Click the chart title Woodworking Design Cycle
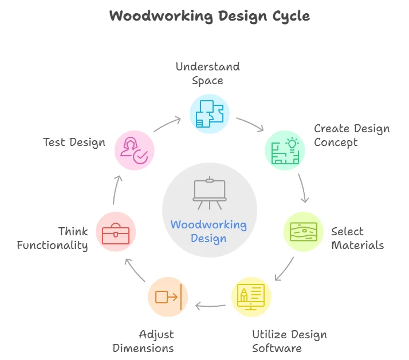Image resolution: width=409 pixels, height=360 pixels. click(210, 16)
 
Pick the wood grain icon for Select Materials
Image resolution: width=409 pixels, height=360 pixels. click(303, 232)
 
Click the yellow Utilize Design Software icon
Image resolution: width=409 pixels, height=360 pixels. click(251, 297)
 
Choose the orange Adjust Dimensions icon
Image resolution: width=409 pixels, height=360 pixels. click(168, 296)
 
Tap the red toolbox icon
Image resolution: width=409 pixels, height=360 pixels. click(116, 232)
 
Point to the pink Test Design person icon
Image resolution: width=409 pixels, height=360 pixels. click(134, 150)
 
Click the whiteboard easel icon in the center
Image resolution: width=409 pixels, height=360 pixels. click(209, 193)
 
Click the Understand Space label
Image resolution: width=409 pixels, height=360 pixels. click(207, 73)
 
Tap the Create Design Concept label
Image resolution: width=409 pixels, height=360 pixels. click(352, 135)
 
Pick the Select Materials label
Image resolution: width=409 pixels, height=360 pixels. click(357, 238)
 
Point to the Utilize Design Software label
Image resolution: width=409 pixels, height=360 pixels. click(289, 341)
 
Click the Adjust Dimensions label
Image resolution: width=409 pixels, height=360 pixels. click(143, 341)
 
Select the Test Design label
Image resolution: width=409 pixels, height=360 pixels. click(74, 142)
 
